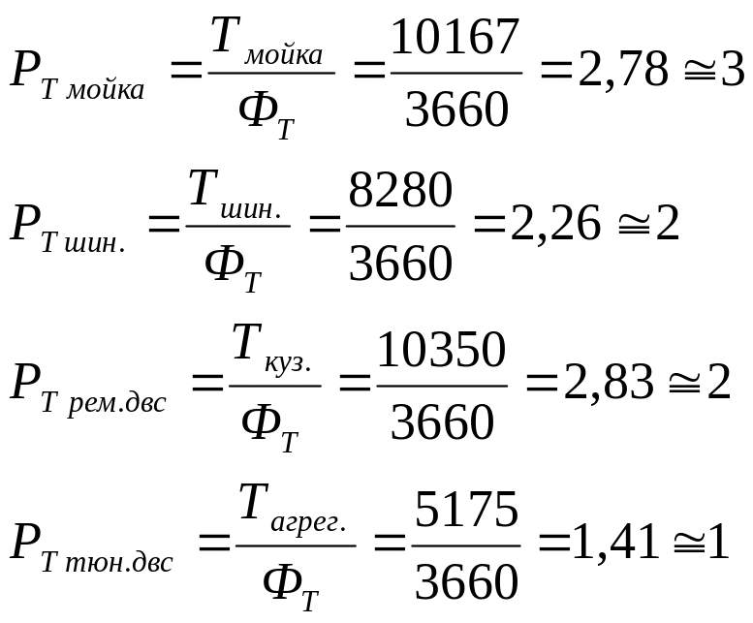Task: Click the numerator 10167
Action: click(455, 39)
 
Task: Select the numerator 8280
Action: click(400, 191)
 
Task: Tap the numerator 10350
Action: click(441, 350)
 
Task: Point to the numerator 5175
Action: click(466, 510)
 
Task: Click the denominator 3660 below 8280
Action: click(400, 263)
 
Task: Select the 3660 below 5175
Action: click(466, 581)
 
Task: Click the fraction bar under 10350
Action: click(441, 386)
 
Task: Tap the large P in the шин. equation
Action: click(24, 225)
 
